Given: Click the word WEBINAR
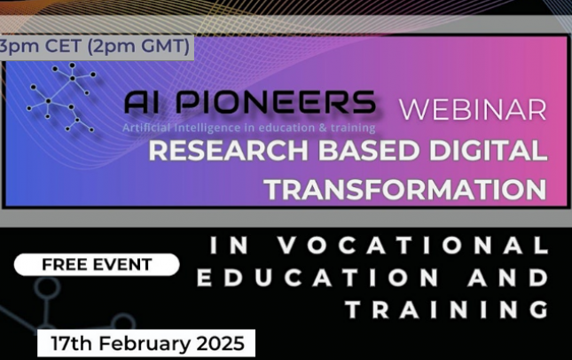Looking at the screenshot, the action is click(473, 109).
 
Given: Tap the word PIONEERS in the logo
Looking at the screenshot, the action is click(276, 102).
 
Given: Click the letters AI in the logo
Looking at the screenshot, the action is click(142, 102).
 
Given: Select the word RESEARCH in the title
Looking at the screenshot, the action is click(229, 150).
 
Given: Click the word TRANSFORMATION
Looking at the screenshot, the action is click(405, 189).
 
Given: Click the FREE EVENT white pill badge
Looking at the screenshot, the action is click(97, 264).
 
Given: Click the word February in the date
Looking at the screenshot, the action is click(145, 343).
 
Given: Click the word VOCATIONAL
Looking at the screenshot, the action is click(413, 245).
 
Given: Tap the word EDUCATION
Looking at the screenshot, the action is click(317, 278).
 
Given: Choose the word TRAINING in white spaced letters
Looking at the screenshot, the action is click(447, 310).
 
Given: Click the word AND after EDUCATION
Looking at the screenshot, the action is click(508, 278).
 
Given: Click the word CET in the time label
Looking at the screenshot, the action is click(63, 46).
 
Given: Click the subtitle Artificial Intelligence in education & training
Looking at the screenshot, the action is click(249, 128).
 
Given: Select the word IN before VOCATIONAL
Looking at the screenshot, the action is click(230, 245).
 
